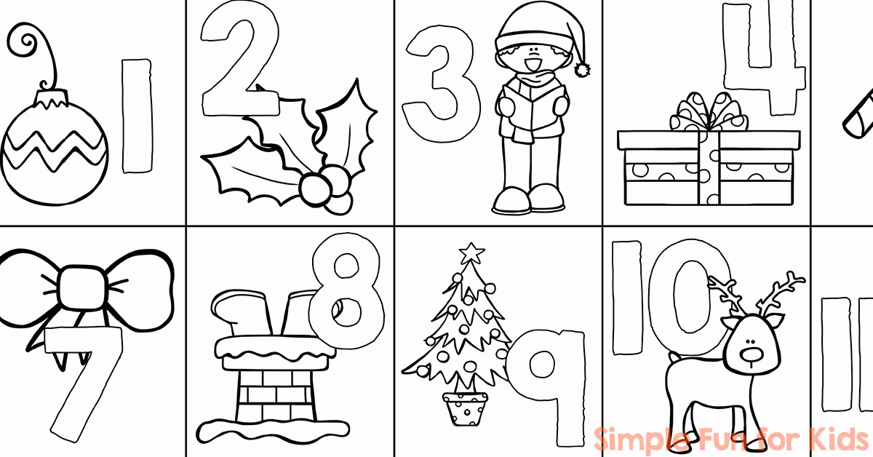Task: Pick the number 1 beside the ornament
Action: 137,116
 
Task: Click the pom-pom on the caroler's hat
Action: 582,70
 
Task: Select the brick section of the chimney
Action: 275,393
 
